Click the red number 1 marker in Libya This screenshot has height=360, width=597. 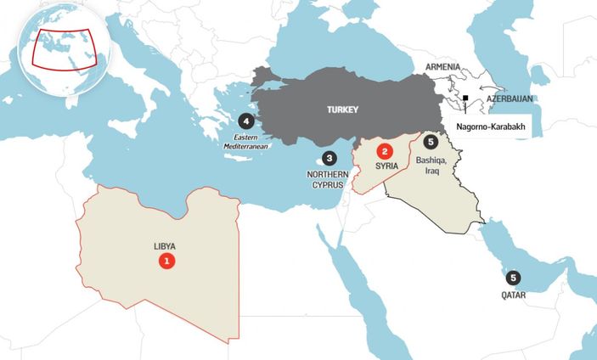(x=167, y=262)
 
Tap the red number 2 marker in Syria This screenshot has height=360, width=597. (x=385, y=152)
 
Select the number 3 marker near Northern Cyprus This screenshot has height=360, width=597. (x=329, y=158)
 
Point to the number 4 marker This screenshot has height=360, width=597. (x=246, y=121)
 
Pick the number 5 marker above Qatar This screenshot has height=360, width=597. (x=513, y=277)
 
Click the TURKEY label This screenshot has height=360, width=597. (x=343, y=110)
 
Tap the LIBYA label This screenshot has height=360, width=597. (x=165, y=246)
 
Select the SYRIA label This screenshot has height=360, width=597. (x=386, y=166)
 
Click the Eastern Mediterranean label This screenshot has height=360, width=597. (x=245, y=142)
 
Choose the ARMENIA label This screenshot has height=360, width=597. (x=443, y=67)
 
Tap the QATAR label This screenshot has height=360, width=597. (x=513, y=295)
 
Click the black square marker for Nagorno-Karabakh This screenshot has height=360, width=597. (x=465, y=98)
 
